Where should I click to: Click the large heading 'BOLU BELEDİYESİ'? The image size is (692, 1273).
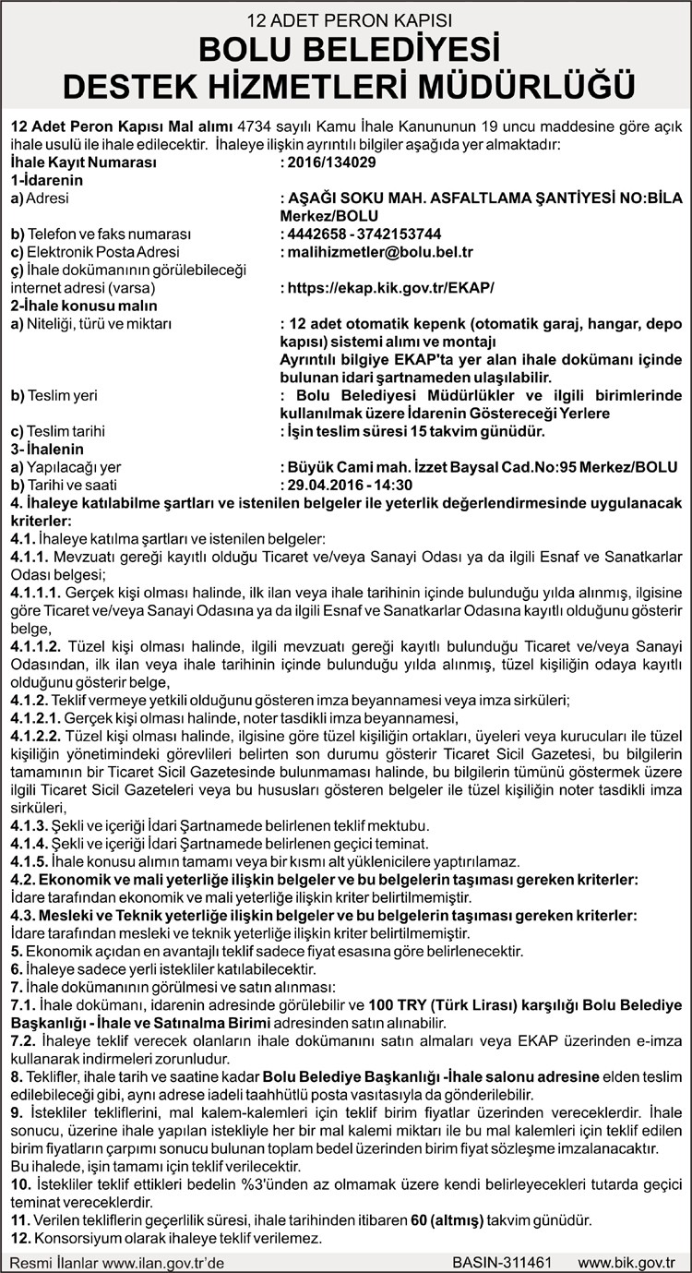pyautogui.click(x=346, y=49)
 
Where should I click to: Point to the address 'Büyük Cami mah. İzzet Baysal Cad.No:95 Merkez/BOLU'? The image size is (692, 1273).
pyautogui.click(x=479, y=467)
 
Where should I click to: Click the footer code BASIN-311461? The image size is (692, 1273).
pyautogui.click(x=502, y=1262)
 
